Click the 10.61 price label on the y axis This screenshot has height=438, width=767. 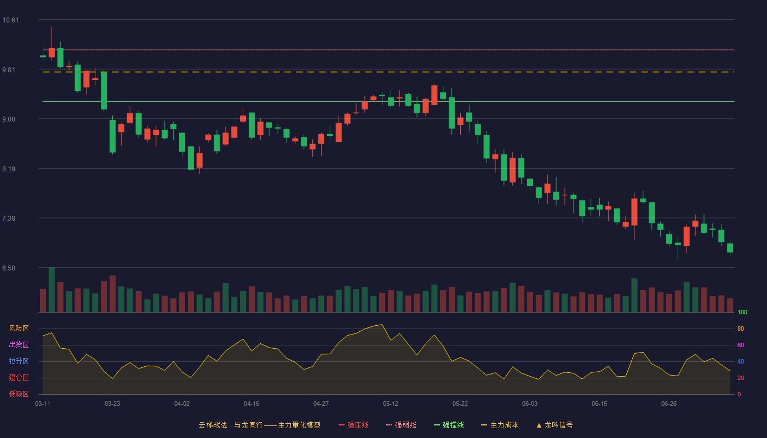click(x=10, y=20)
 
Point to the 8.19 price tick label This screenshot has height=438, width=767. click(x=9, y=169)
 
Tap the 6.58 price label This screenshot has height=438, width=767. click(x=9, y=268)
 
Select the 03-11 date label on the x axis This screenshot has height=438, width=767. click(x=43, y=404)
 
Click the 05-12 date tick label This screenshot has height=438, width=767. click(x=390, y=404)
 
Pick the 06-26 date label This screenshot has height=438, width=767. click(x=669, y=404)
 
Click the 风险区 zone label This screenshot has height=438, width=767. click(x=19, y=328)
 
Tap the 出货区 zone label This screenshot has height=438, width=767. click(x=19, y=344)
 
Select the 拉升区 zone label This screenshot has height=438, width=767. click(x=19, y=361)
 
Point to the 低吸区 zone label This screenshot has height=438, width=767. click(x=19, y=394)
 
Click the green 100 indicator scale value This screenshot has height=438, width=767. click(x=742, y=312)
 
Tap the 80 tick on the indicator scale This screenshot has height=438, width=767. click(x=741, y=328)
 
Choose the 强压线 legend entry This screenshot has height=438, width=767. click(x=353, y=425)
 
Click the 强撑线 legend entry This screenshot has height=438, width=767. click(x=449, y=425)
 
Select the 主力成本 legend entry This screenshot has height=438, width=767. click(x=500, y=425)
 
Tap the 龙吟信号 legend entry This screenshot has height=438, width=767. click(x=554, y=425)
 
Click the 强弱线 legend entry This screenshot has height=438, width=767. click(x=401, y=425)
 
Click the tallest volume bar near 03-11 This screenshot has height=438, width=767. click(x=51, y=290)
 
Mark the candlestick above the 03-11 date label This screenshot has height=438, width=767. click(x=43, y=56)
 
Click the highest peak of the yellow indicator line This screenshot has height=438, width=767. click(x=382, y=324)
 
